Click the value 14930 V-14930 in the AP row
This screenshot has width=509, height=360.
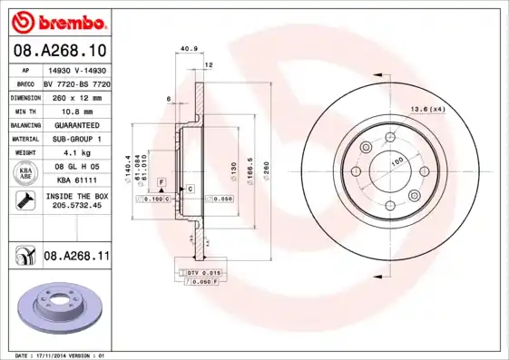click(x=75, y=69)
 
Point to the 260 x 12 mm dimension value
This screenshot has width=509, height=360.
click(x=75, y=97)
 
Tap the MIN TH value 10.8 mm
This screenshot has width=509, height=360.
click(x=75, y=111)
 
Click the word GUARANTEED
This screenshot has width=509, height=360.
click(x=75, y=125)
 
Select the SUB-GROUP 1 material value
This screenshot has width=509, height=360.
click(x=75, y=139)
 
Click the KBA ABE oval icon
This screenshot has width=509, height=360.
click(x=25, y=174)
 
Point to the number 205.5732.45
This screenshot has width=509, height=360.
click(x=75, y=206)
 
